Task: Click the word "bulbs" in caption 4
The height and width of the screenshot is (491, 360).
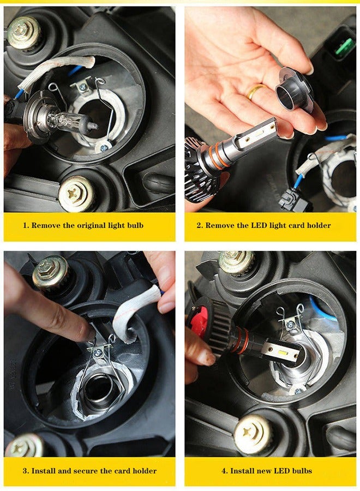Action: point(301,471)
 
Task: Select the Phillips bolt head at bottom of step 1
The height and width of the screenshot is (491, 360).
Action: point(76,194)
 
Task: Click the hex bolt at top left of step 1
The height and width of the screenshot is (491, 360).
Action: point(24,32)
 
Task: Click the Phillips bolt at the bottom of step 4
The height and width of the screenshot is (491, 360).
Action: point(253,434)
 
